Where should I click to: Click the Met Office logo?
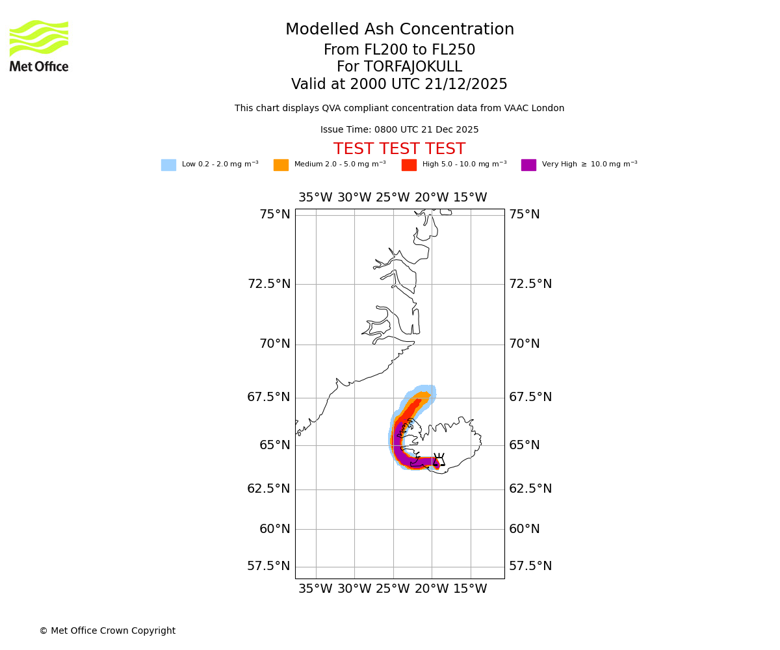pyautogui.click(x=39, y=45)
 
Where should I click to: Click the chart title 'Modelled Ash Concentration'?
pyautogui.click(x=400, y=30)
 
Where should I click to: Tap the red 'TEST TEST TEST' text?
pyautogui.click(x=399, y=149)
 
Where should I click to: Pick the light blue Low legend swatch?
pyautogui.click(x=168, y=165)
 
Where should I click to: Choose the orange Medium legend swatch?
pyautogui.click(x=281, y=165)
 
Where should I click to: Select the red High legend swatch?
pyautogui.click(x=409, y=165)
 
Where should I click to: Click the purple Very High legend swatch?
pyautogui.click(x=528, y=165)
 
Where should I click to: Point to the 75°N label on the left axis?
pyautogui.click(x=274, y=214)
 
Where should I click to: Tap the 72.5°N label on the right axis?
pyautogui.click(x=530, y=284)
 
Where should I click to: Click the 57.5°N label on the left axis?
pyautogui.click(x=268, y=566)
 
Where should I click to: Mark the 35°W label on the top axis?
pyautogui.click(x=315, y=198)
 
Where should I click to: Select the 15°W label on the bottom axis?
pyautogui.click(x=470, y=590)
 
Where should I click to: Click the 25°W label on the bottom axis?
pyautogui.click(x=393, y=590)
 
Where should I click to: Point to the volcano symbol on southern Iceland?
pyautogui.click(x=439, y=460)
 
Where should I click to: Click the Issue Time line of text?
pyautogui.click(x=399, y=130)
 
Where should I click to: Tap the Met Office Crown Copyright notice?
pyautogui.click(x=107, y=631)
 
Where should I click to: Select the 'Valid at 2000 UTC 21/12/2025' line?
pyautogui.click(x=399, y=84)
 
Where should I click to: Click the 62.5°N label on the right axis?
pyautogui.click(x=530, y=489)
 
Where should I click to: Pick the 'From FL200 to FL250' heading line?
pyautogui.click(x=399, y=50)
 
